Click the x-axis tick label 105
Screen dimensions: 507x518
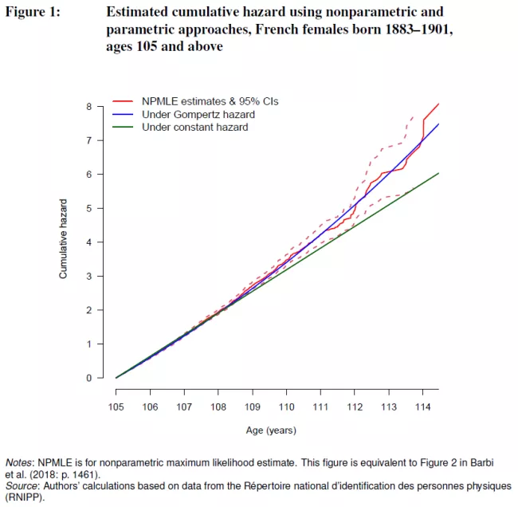click(x=116, y=407)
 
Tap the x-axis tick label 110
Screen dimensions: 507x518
click(x=286, y=407)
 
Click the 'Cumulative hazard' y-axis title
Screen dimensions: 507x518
click(x=63, y=239)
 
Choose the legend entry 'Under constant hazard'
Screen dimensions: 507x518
click(x=194, y=127)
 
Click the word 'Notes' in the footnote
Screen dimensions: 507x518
click(x=19, y=462)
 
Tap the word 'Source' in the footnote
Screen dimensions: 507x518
click(x=22, y=485)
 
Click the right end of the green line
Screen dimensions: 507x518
click(x=438, y=173)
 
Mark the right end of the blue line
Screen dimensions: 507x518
click(x=438, y=124)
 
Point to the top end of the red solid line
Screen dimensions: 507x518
click(x=438, y=104)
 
